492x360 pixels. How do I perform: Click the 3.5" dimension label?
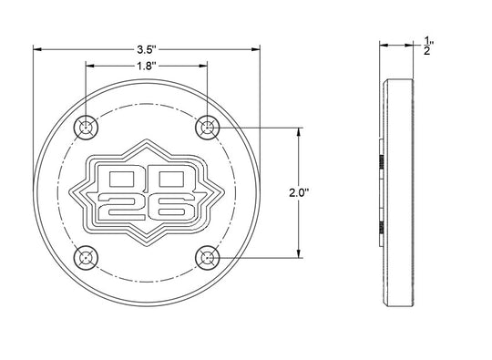(147, 49)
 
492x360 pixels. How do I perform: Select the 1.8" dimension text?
(147, 66)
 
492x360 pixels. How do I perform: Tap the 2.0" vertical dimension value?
(299, 192)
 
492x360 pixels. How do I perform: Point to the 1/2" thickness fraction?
(427, 46)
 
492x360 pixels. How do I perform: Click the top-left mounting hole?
(86, 128)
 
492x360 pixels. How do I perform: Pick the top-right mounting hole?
(208, 128)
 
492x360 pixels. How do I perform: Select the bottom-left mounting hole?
(86, 258)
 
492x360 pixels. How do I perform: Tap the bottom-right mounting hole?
(208, 258)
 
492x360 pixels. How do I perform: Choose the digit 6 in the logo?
(172, 208)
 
